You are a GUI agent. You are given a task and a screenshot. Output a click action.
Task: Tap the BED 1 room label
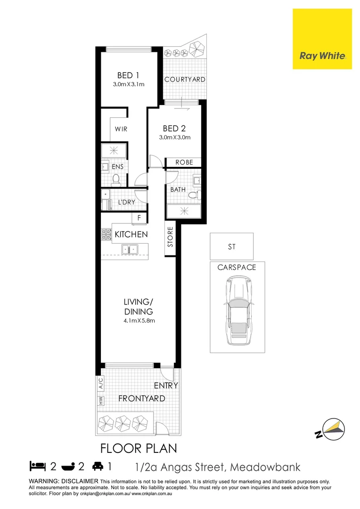point(128,75)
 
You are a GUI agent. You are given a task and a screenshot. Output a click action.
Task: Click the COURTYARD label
point(185,80)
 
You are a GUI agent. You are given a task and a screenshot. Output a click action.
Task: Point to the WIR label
point(121,129)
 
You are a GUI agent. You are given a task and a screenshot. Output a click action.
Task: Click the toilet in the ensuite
point(116,179)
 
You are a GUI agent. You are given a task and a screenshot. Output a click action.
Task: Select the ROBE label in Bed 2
point(184,162)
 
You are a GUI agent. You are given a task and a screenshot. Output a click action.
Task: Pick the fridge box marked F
point(139,218)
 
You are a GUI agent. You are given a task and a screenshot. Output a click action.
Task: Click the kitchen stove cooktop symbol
point(106,234)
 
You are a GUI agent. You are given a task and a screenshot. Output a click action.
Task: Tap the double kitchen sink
point(129,248)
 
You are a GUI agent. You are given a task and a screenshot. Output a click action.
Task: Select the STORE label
point(171,237)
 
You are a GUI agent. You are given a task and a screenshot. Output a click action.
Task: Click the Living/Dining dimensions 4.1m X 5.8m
point(139,320)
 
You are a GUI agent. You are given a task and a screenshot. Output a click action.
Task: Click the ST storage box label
point(231,246)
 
